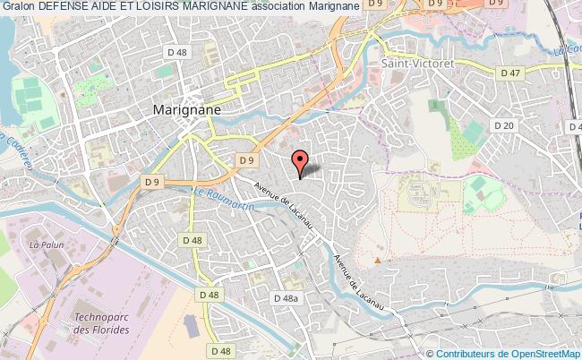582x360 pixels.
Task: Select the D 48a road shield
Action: [287, 298]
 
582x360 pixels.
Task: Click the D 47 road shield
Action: [510, 73]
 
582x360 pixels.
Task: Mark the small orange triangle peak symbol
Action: [378, 261]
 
